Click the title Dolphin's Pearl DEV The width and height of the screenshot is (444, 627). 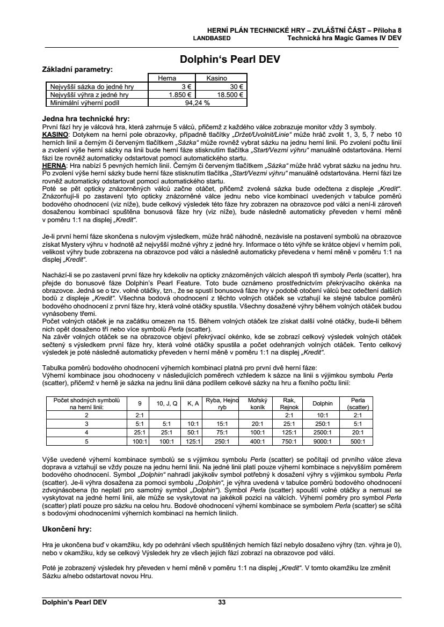[222, 59]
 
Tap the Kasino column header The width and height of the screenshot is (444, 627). [217, 78]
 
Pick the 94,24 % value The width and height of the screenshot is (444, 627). [197, 102]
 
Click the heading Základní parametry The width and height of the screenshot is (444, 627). [77, 69]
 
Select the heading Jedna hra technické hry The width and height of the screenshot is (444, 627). [86, 119]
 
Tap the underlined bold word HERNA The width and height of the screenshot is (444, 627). [54, 166]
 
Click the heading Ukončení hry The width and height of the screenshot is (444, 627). [67, 528]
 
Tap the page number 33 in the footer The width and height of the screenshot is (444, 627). [222, 602]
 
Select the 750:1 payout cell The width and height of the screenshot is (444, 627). [289, 441]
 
